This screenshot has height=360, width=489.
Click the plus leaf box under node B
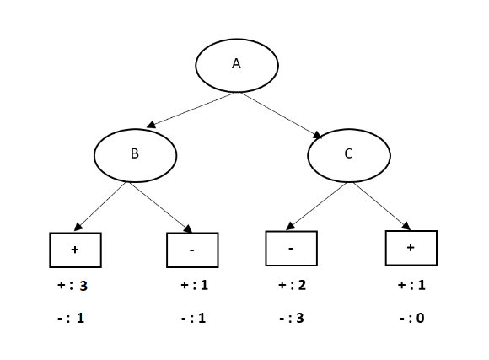[x=75, y=250]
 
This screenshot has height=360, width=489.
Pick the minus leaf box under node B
[x=192, y=250]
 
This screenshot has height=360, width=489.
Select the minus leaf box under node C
[x=291, y=249]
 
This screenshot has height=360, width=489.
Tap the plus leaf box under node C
[x=411, y=248]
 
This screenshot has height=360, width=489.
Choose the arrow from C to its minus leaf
[x=316, y=206]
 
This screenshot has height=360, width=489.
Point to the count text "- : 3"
[x=291, y=319]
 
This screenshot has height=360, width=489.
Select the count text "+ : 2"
[x=291, y=286]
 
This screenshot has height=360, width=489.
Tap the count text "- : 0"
[x=411, y=319]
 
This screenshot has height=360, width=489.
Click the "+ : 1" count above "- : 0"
[x=411, y=286]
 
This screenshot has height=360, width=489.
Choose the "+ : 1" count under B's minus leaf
[x=194, y=286]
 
